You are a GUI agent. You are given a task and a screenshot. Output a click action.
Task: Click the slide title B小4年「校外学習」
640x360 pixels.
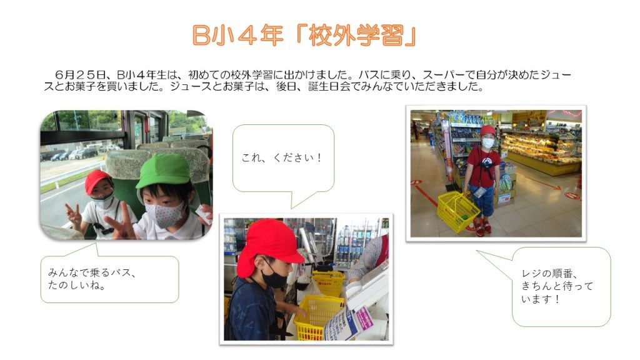(x=304, y=35)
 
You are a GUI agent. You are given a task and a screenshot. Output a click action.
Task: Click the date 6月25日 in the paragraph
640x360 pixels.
(x=81, y=75)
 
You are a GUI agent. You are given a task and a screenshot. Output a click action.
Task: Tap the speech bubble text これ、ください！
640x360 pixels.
(x=282, y=157)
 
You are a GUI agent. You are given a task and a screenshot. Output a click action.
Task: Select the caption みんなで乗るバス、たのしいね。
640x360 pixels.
(x=92, y=279)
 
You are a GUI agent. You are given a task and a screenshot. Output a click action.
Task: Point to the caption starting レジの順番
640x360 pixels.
(x=557, y=286)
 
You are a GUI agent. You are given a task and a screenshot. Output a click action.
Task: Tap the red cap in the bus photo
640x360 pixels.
(x=97, y=181)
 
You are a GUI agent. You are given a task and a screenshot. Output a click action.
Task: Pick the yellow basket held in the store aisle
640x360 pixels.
(x=457, y=210)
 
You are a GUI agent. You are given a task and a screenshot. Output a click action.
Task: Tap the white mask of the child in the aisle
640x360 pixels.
(x=488, y=143)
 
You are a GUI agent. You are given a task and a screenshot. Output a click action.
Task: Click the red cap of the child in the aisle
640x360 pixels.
(x=487, y=131)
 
